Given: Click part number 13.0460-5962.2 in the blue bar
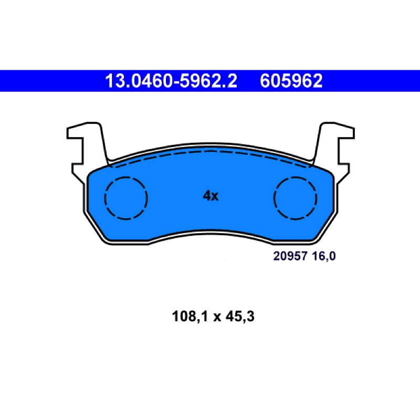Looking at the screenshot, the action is coord(171,81).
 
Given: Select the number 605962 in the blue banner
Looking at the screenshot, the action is coord(291,81).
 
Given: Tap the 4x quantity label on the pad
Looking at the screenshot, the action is coord(211,196).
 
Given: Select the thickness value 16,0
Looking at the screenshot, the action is coord(324,257).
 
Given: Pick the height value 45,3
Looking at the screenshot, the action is coord(240,317).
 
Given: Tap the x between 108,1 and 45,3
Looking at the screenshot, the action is coord(217,318).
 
